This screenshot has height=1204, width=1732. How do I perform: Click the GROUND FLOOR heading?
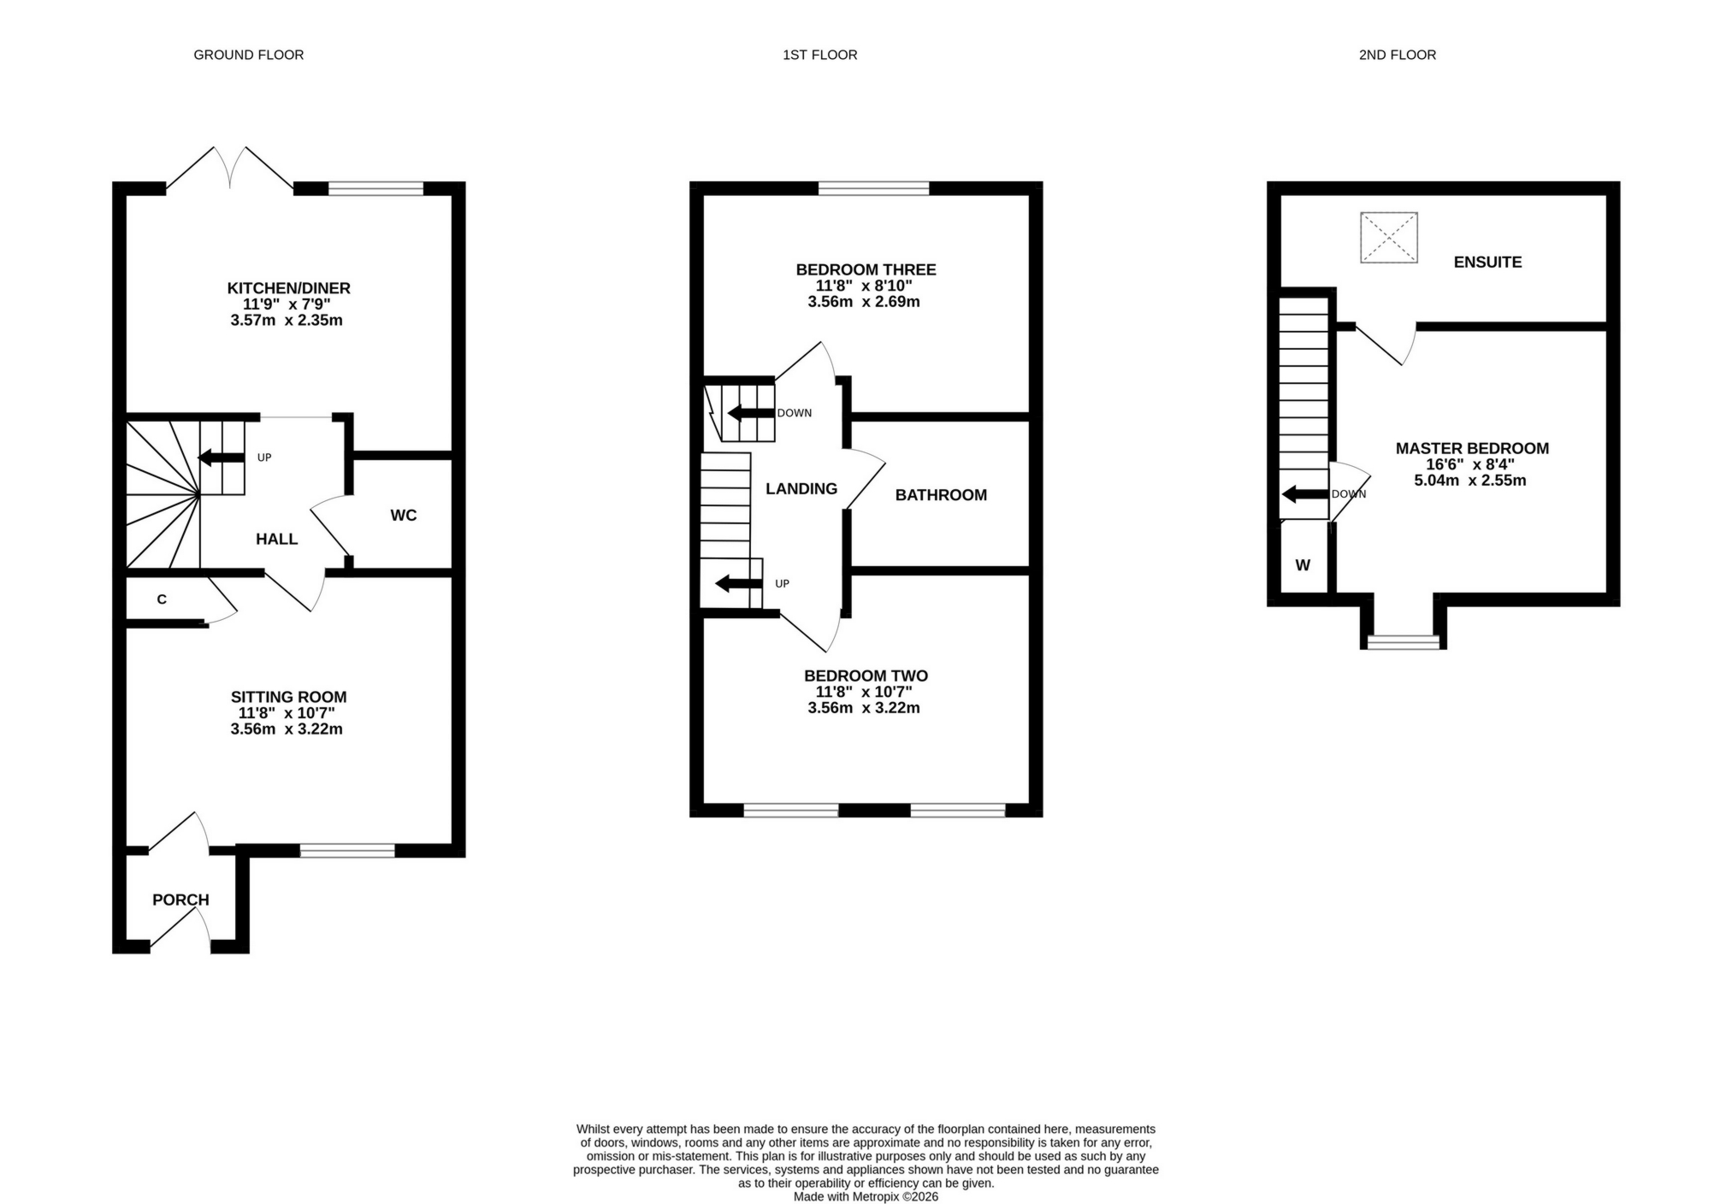coord(248,55)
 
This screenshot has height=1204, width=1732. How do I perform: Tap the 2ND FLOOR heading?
coord(1397,55)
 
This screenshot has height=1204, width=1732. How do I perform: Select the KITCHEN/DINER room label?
coord(288,288)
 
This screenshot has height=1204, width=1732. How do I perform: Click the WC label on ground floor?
coord(403,515)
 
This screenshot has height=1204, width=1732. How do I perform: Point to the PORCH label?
coord(180,900)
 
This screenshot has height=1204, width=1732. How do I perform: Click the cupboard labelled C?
coord(162,599)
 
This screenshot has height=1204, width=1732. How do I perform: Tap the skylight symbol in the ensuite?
coord(1388,237)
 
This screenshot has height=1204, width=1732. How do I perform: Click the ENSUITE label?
coord(1487,263)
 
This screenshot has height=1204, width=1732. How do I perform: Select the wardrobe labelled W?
coord(1303,565)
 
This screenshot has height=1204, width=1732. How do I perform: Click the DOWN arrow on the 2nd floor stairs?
coord(1304,493)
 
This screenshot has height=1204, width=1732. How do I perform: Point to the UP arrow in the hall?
coord(222,458)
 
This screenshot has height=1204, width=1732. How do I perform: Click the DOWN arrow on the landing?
coord(750,413)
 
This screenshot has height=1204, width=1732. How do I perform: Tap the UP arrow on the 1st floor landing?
coord(738,584)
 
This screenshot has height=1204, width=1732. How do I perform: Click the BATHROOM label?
coord(941,495)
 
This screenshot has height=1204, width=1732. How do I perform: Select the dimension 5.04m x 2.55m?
coord(1469,481)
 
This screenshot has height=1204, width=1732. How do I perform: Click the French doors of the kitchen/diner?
coord(229,168)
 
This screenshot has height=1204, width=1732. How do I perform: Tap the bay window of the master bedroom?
coord(1403,641)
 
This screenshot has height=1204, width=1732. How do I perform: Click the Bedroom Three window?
coord(873,188)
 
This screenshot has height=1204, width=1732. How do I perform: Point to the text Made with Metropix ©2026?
coord(865,1196)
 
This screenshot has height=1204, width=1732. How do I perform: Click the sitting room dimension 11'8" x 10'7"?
coord(287,713)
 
